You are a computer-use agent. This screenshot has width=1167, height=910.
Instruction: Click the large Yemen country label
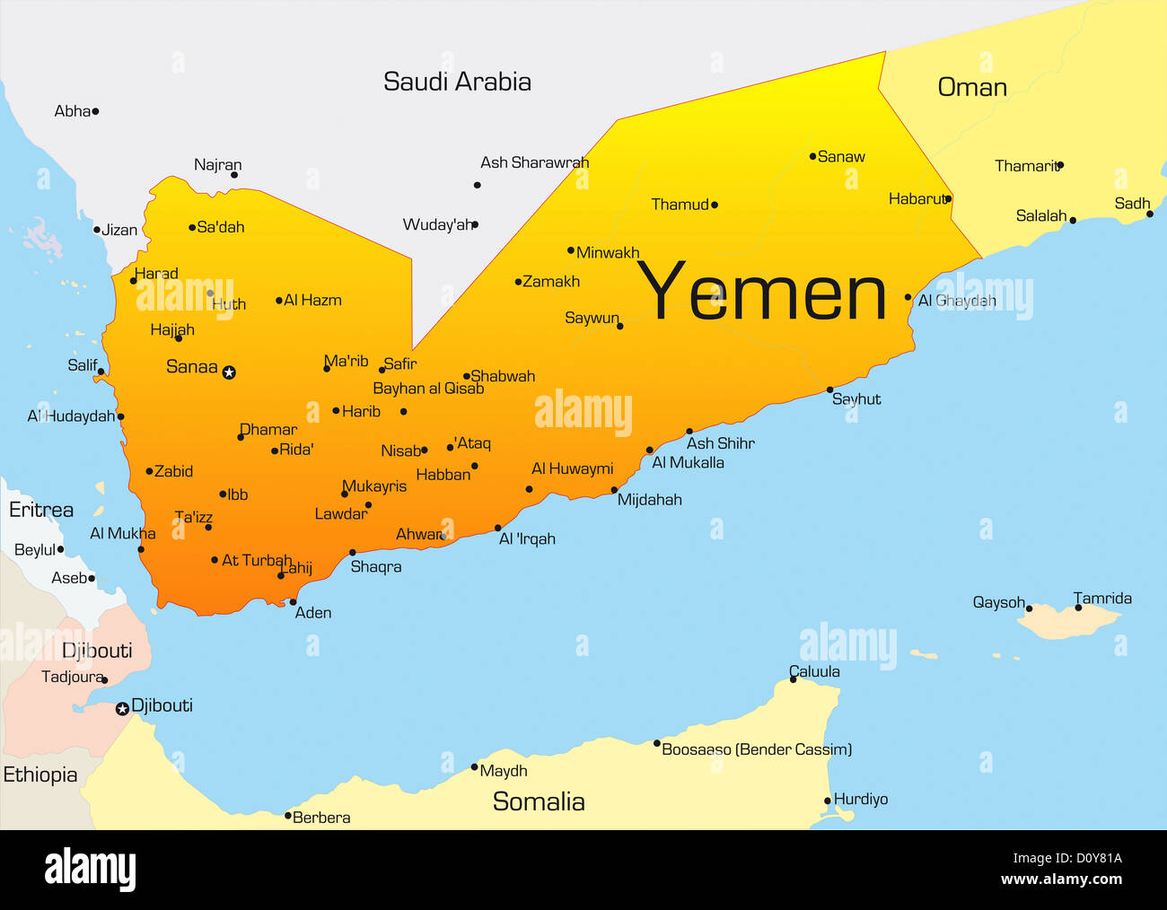pyautogui.click(x=762, y=293)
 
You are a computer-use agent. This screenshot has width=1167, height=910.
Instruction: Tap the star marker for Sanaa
pyautogui.click(x=229, y=372)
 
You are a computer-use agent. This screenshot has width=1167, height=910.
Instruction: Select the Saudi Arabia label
pyautogui.click(x=457, y=82)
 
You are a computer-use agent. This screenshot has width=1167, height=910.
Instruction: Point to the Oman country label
pyautogui.click(x=972, y=87)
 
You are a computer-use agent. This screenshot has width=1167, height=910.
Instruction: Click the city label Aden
pyautogui.click(x=313, y=613)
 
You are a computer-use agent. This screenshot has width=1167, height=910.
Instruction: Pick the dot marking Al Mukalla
pyautogui.click(x=650, y=451)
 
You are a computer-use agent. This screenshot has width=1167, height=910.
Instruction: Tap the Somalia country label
pyautogui.click(x=539, y=801)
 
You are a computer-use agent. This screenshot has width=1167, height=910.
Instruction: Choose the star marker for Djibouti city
pyautogui.click(x=122, y=709)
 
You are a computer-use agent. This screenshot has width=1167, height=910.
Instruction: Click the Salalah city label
pyautogui.click(x=1041, y=215)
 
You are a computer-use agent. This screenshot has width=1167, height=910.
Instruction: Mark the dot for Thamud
pyautogui.click(x=715, y=205)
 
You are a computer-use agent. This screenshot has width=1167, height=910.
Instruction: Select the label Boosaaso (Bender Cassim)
pyautogui.click(x=757, y=749)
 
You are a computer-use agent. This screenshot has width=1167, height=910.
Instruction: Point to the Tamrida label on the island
pyautogui.click(x=1102, y=599)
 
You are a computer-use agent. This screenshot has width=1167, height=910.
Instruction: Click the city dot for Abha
pyautogui.click(x=95, y=111)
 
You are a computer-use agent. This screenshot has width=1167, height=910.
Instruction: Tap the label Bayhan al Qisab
pyautogui.click(x=428, y=389)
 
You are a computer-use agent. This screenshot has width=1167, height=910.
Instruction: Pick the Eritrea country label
pyautogui.click(x=41, y=510)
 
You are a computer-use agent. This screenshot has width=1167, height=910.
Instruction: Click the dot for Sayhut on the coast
pyautogui.click(x=829, y=390)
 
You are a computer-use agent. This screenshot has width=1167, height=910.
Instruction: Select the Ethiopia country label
pyautogui.click(x=40, y=774)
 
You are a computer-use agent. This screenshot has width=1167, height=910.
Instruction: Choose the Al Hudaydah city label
pyautogui.click(x=71, y=416)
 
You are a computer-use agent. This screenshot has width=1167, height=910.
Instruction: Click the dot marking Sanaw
pyautogui.click(x=812, y=156)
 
